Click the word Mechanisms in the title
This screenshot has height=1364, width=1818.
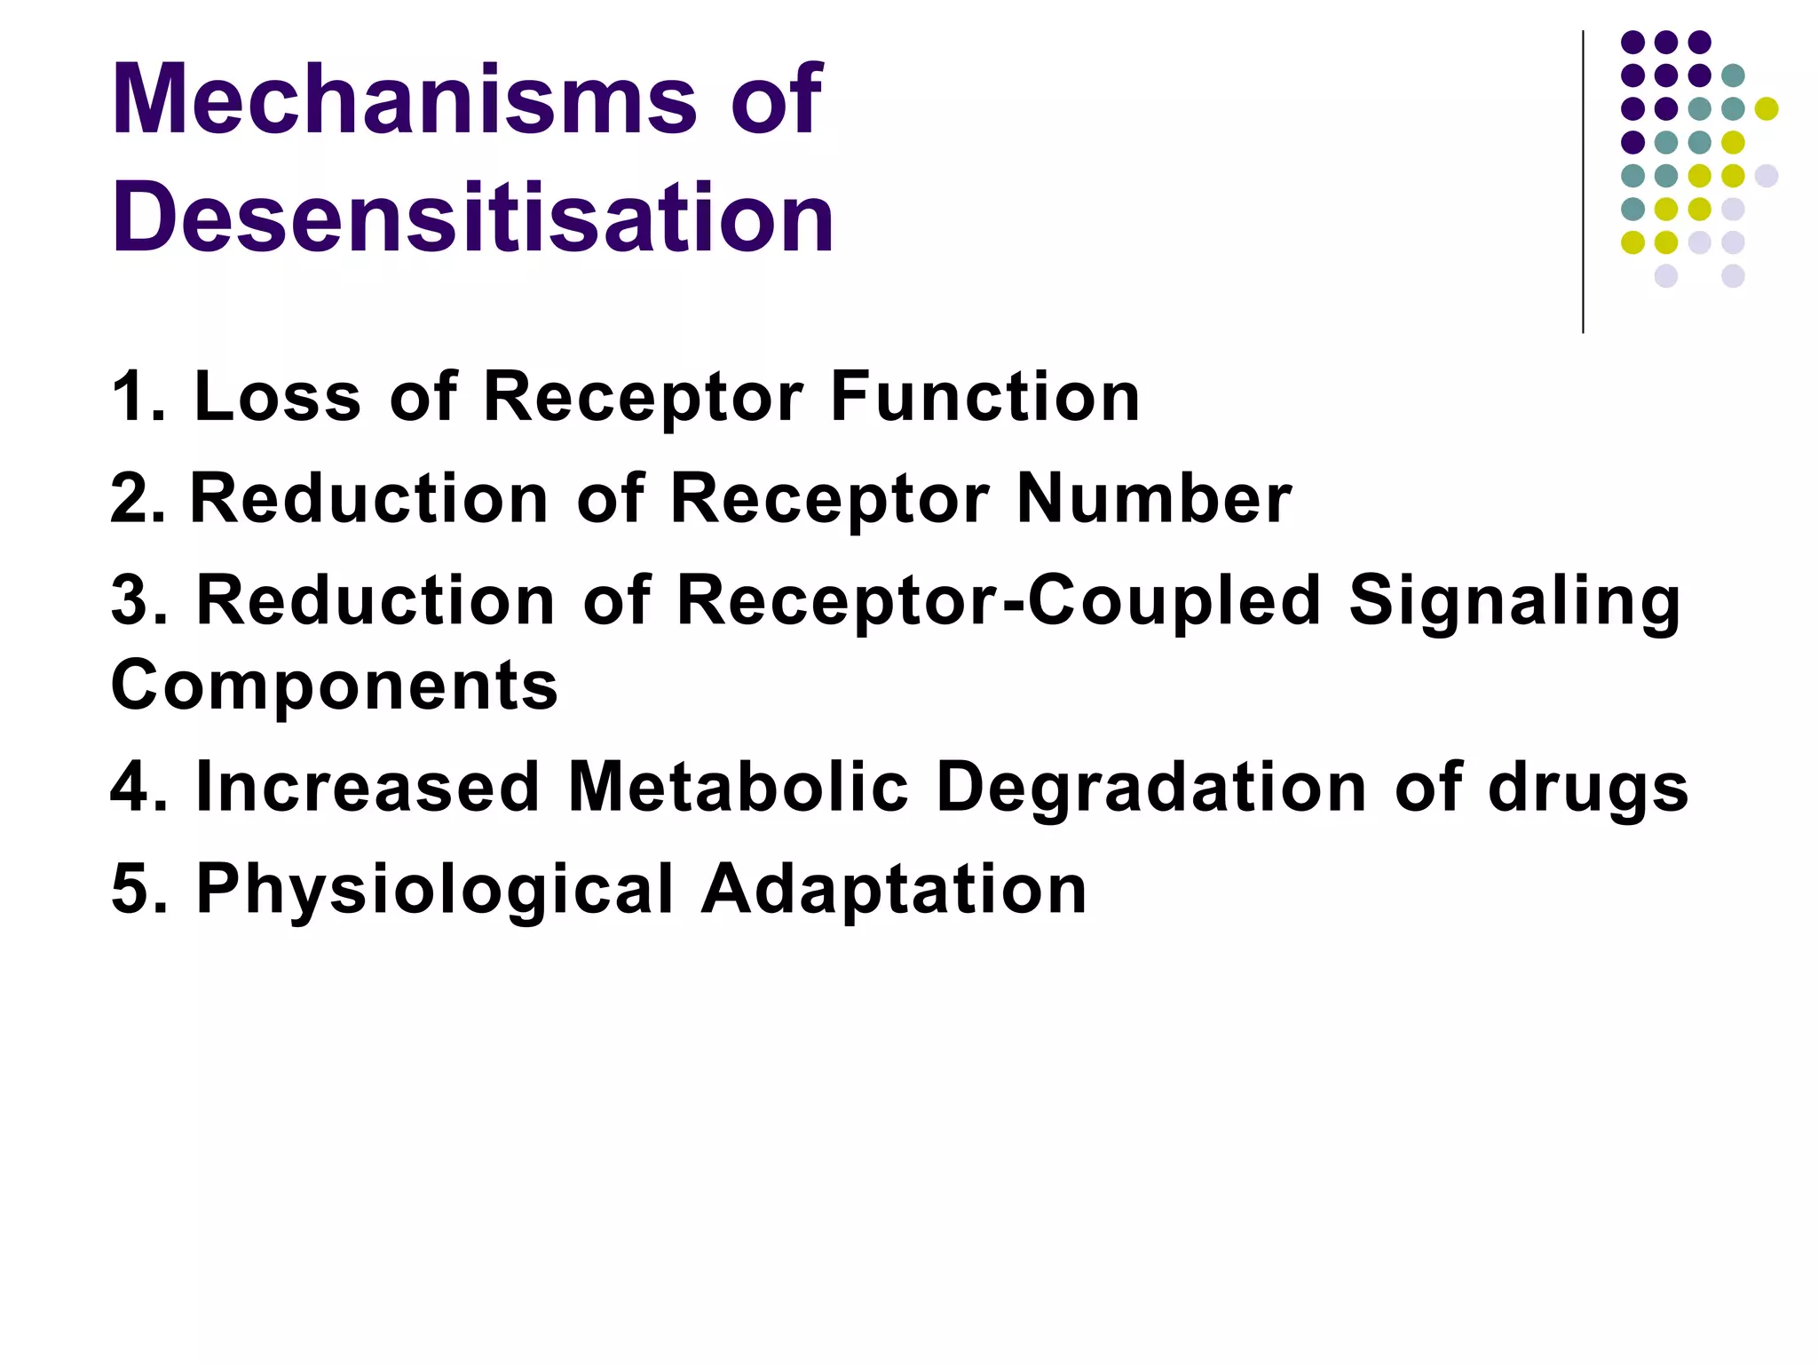pyautogui.click(x=405, y=99)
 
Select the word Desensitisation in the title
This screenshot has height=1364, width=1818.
pyautogui.click(x=472, y=218)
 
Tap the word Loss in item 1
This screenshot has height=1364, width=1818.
pyautogui.click(x=277, y=397)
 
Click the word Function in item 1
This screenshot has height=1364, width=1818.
pyautogui.click(x=984, y=397)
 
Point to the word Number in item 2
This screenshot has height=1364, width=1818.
pyautogui.click(x=1153, y=498)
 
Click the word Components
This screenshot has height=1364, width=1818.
pyautogui.click(x=334, y=686)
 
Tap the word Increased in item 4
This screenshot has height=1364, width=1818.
pyautogui.click(x=368, y=788)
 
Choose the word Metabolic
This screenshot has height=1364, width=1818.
pyautogui.click(x=739, y=788)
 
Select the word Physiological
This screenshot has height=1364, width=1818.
pyautogui.click(x=435, y=891)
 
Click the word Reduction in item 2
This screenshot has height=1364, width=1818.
pyautogui.click(x=369, y=498)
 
